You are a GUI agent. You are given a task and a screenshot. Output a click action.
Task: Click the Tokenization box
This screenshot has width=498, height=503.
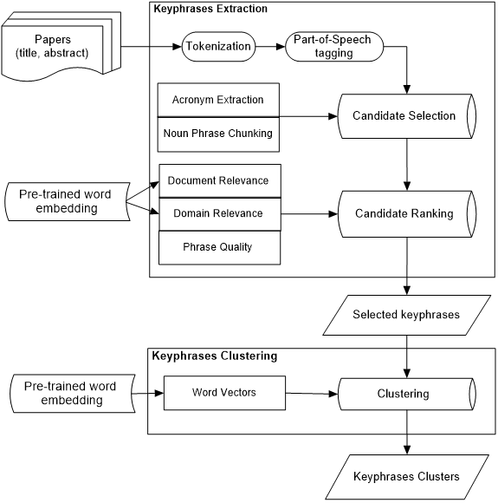[218, 46]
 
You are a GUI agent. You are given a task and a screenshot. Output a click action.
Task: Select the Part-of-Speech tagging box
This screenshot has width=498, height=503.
[333, 47]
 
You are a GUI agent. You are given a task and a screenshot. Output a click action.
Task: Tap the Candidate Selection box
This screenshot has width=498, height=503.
[404, 115]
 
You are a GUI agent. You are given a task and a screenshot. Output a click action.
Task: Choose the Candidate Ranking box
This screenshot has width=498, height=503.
[404, 213]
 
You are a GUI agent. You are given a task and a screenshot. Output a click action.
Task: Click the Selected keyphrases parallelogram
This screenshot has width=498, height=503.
[406, 315]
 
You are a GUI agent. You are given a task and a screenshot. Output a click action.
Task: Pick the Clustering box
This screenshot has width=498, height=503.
[403, 394]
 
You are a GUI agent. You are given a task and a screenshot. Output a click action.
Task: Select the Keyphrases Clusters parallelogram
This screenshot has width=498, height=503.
[406, 477]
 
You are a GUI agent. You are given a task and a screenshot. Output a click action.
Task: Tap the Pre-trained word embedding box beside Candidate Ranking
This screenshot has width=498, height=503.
[66, 201]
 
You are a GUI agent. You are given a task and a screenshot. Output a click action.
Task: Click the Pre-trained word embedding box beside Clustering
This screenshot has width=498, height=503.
[71, 393]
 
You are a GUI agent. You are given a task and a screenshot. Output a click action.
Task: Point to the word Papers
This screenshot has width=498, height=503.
[52, 39]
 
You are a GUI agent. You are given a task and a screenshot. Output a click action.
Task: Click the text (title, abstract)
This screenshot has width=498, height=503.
[52, 53]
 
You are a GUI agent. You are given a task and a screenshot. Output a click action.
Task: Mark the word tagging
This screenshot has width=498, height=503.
[333, 53]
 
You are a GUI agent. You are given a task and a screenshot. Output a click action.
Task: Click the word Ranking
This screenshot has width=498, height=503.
[432, 213]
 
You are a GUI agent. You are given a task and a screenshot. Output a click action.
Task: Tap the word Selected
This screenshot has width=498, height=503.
[374, 315]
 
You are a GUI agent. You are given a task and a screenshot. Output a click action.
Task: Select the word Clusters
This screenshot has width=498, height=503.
[439, 477]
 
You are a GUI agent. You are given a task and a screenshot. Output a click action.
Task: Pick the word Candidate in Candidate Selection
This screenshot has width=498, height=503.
[378, 115]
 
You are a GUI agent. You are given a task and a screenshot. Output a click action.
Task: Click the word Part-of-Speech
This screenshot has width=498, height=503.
[333, 40]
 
